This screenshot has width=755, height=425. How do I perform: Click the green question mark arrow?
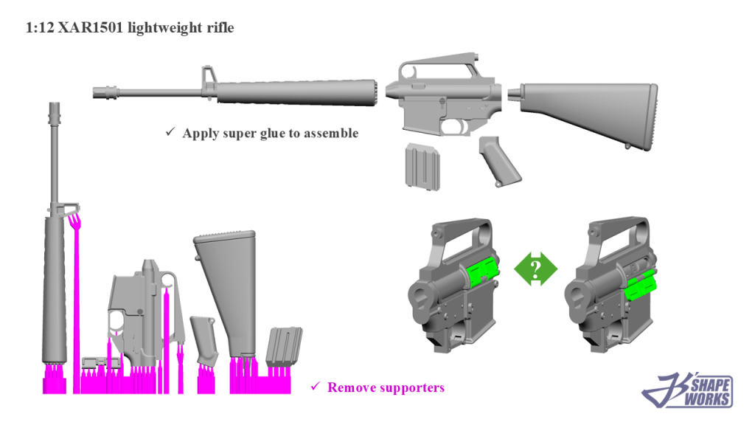click(x=535, y=268)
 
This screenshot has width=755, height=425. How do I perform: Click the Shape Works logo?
click(x=689, y=390)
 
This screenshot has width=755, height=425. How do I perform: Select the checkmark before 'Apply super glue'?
click(x=170, y=132)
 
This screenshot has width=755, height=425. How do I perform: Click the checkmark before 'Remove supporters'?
click(x=315, y=386)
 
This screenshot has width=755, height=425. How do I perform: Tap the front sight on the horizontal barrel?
click(x=207, y=79)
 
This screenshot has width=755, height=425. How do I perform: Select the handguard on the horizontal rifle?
click(x=295, y=91)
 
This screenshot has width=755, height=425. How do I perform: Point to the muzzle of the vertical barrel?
click(x=55, y=110)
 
